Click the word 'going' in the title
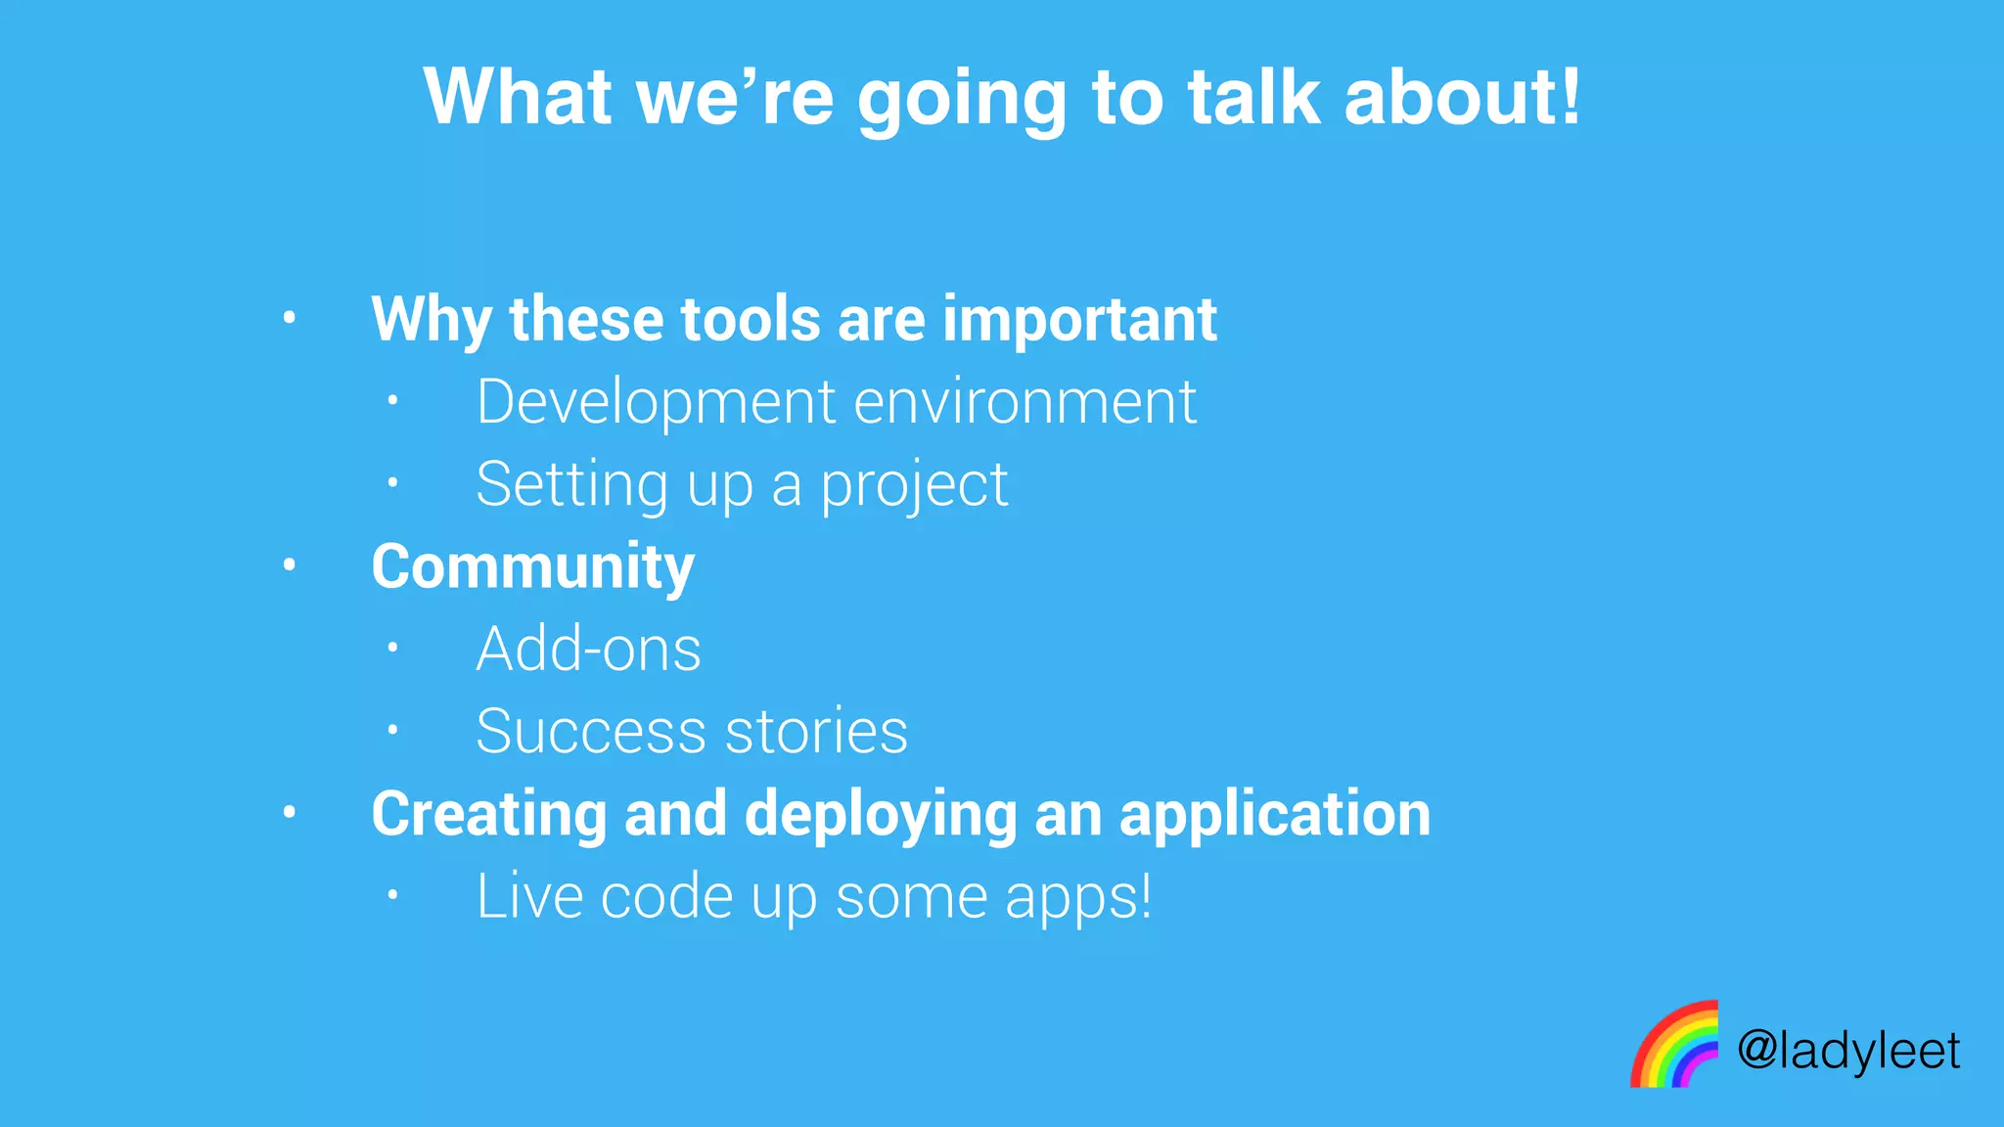[x=961, y=100]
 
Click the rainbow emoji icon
[x=1674, y=1045]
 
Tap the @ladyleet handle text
[x=1848, y=1051]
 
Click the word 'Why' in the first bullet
[x=432, y=321]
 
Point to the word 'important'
[x=1079, y=321]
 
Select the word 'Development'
[x=656, y=402]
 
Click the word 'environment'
[x=1025, y=402]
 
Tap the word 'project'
[x=914, y=486]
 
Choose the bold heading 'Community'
[x=533, y=567]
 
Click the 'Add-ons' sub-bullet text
[x=588, y=649]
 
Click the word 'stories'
[x=816, y=732]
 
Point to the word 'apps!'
[x=1078, y=898]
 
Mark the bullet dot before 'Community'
[x=289, y=564]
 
